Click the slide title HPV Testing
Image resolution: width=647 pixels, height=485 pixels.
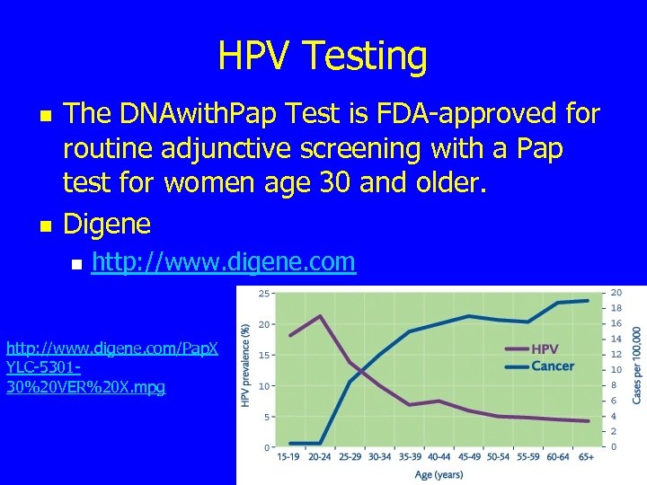[x=323, y=56]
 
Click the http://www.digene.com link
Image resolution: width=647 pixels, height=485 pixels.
[x=225, y=261]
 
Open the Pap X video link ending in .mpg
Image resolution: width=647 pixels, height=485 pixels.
[x=111, y=366]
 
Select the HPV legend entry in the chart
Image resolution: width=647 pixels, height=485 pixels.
[x=545, y=348]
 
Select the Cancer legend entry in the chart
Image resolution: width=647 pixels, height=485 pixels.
[x=552, y=366]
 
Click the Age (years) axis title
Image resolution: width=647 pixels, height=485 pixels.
[x=439, y=473]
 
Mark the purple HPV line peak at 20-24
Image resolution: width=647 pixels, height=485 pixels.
[x=321, y=316]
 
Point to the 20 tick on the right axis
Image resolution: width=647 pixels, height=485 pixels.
[x=616, y=293]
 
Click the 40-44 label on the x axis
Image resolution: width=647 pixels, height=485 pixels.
[x=439, y=456]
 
